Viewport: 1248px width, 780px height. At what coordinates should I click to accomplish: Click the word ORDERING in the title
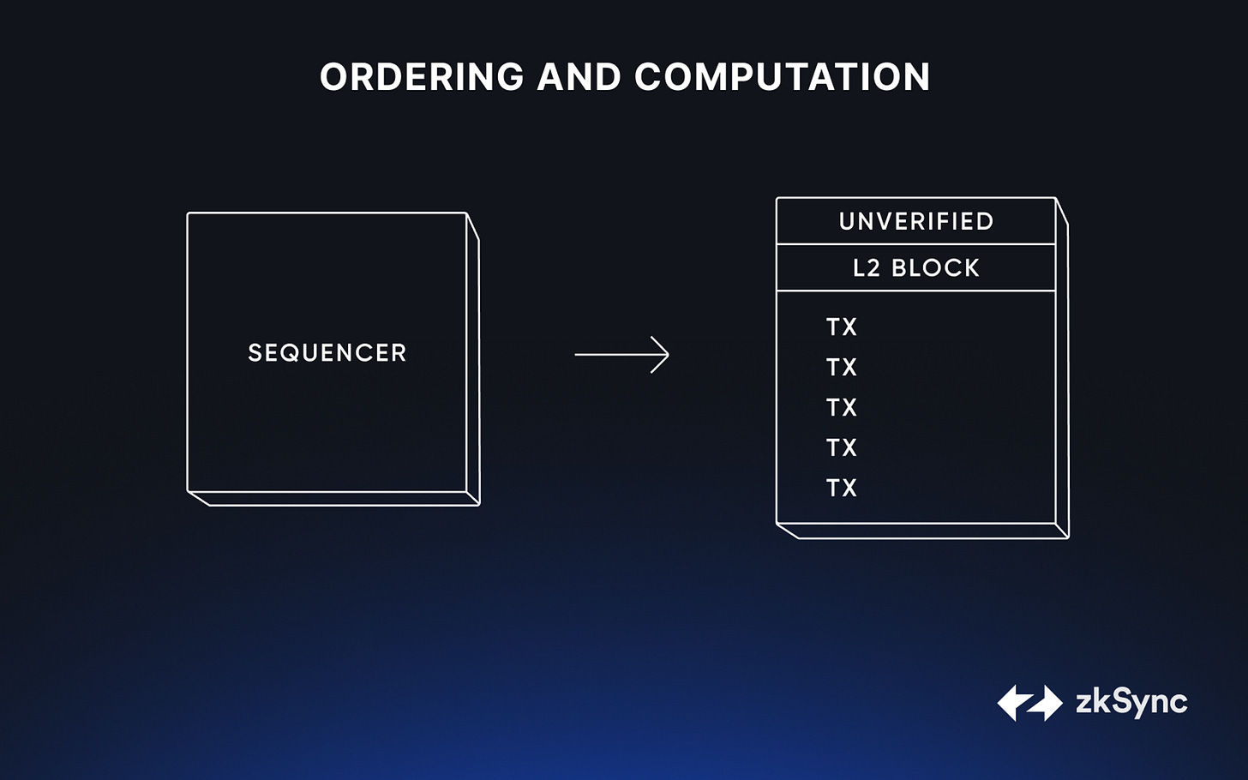pos(422,76)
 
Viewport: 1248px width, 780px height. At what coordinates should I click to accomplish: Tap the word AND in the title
pos(579,76)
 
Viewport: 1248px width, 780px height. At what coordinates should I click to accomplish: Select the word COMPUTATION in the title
pos(783,76)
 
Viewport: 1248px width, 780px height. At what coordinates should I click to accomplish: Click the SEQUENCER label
pos(327,352)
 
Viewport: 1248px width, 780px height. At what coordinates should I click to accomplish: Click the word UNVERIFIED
pos(916,221)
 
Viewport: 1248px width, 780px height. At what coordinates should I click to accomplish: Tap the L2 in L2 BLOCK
pos(867,268)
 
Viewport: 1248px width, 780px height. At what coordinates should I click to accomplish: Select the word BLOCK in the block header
pos(935,268)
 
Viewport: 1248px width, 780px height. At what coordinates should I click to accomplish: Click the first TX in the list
pos(842,327)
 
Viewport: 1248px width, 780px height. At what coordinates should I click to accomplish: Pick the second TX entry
pos(842,367)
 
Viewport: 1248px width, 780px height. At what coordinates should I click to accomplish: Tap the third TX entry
pos(842,407)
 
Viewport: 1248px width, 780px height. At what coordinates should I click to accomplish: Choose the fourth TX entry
pos(842,447)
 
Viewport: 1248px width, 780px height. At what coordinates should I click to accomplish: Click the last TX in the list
pos(842,488)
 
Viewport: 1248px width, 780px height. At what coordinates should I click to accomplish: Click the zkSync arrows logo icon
pos(1029,703)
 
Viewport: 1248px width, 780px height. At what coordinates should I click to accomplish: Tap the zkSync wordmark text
pos(1131,703)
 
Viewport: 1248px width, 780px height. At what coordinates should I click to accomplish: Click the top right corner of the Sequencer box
pos(466,213)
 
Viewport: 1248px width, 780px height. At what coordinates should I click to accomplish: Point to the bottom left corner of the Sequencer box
pos(188,491)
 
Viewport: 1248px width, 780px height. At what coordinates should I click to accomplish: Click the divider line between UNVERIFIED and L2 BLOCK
pos(916,243)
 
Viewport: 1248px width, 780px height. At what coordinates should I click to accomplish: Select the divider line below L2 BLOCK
pos(916,291)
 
